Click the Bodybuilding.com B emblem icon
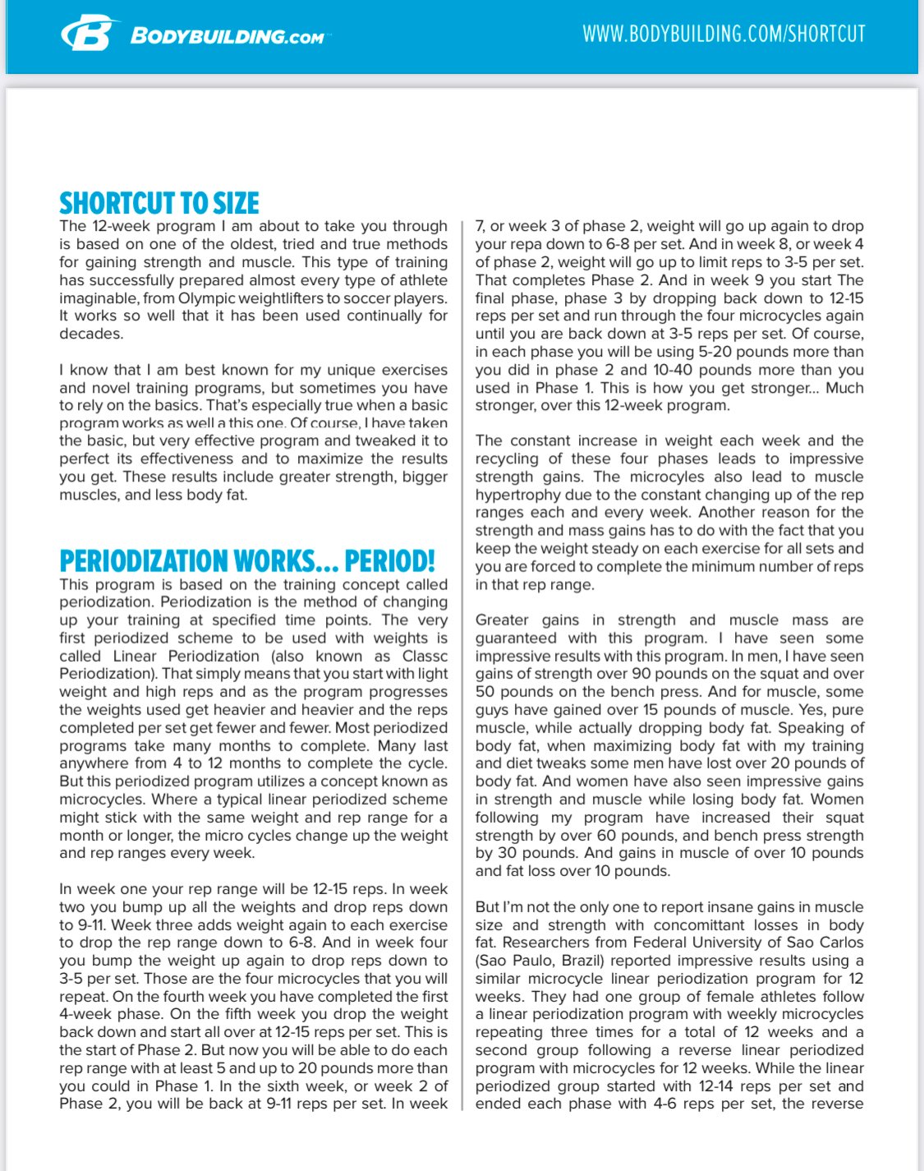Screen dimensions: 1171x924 pyautogui.click(x=86, y=35)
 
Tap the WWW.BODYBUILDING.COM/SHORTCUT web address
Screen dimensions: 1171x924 pyautogui.click(x=724, y=34)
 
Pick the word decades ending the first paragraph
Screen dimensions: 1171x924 pyautogui.click(x=90, y=334)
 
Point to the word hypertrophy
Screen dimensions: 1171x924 pyautogui.click(x=516, y=495)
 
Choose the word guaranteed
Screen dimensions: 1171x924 pyautogui.click(x=516, y=639)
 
